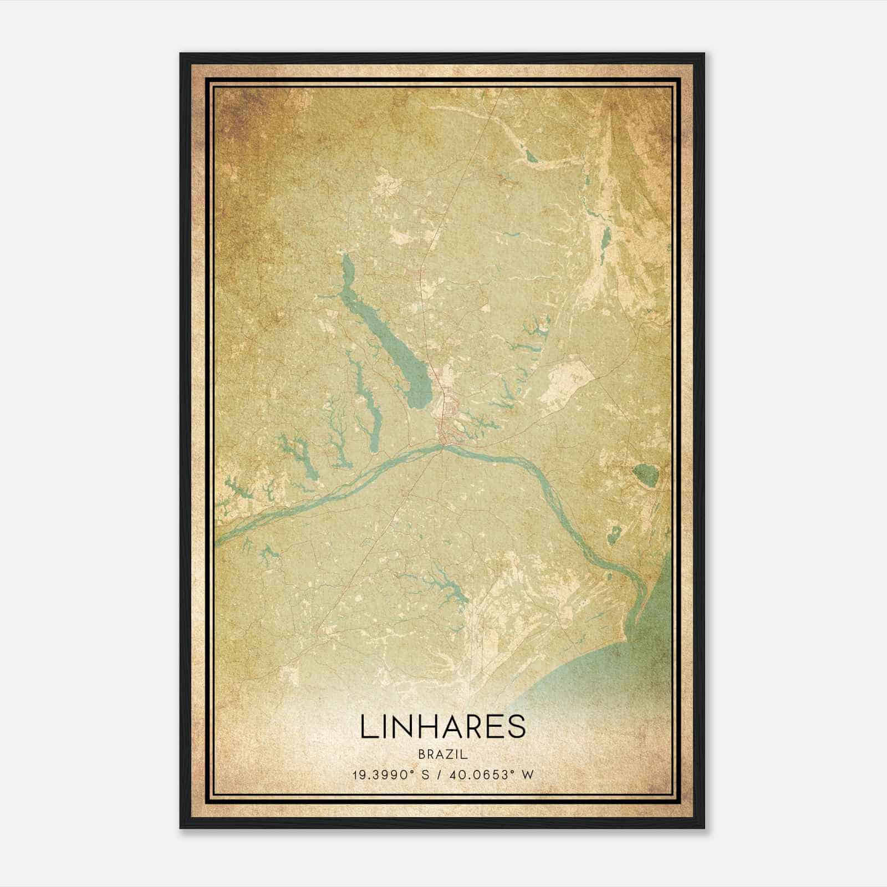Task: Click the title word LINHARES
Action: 443,726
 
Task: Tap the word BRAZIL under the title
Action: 443,755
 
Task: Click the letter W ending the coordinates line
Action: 529,775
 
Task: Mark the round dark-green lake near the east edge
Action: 645,473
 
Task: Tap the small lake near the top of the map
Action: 533,157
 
